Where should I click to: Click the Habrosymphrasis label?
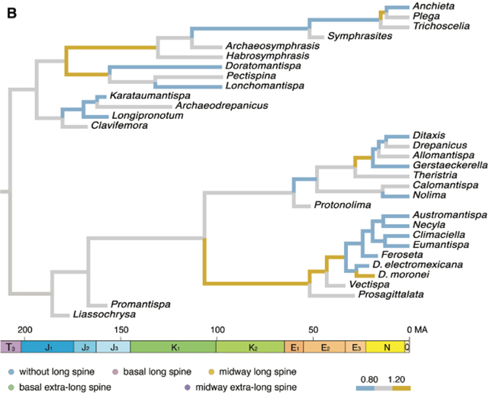pyautogui.click(x=263, y=56)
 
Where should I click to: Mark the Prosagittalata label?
pyautogui.click(x=391, y=294)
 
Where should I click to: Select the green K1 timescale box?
pyautogui.click(x=173, y=347)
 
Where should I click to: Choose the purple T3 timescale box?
pyautogui.click(x=11, y=347)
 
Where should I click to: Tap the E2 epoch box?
pyautogui.click(x=325, y=347)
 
